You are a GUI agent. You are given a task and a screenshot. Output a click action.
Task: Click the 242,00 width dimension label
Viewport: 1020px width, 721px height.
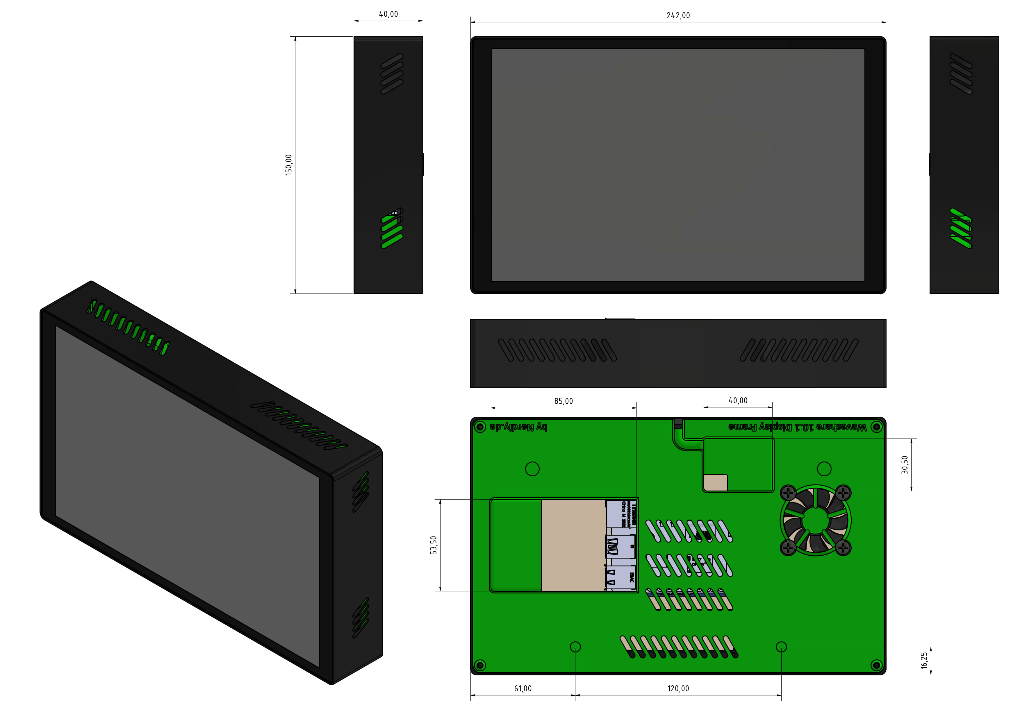coord(678,15)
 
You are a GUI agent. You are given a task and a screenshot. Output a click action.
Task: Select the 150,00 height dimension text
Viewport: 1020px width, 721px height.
coord(289,165)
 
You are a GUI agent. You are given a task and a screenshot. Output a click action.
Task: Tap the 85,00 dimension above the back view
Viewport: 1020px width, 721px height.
coord(563,401)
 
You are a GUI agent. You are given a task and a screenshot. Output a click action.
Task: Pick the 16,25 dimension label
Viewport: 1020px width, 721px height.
coord(924,661)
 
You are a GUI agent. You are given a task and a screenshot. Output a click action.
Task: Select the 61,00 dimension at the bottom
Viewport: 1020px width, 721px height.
coord(523,688)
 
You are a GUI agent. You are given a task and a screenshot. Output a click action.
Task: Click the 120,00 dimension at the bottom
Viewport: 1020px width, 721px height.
coord(678,688)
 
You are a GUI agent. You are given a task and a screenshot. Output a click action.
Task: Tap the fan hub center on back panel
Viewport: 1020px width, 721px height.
coord(815,520)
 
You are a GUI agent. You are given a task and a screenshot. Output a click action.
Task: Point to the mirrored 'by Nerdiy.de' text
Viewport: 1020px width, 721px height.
coord(518,427)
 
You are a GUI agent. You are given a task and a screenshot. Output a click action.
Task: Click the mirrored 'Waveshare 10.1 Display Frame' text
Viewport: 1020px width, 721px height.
coord(798,427)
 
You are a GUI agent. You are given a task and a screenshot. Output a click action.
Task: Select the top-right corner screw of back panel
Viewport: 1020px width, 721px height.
coord(876,427)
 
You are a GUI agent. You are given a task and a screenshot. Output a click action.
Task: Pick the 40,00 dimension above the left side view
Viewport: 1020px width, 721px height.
coord(388,14)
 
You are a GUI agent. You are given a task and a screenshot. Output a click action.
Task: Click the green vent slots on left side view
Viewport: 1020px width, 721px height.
coord(392,231)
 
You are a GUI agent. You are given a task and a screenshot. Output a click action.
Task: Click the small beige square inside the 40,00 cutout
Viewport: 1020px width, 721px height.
coord(716,483)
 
